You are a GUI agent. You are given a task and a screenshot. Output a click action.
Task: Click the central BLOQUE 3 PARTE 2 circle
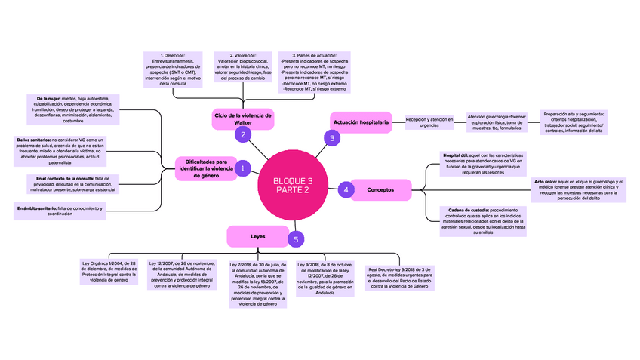click(292, 186)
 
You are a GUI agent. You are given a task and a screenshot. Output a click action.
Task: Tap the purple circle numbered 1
click(243, 170)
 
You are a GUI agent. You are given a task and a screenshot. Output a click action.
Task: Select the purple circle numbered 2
click(243, 135)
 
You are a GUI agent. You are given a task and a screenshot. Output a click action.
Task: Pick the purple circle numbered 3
click(331, 137)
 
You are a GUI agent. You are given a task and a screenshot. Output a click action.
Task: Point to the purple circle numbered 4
click(346, 189)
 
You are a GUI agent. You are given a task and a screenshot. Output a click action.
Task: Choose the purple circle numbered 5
click(297, 239)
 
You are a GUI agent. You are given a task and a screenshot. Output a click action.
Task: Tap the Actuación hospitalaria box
click(361, 122)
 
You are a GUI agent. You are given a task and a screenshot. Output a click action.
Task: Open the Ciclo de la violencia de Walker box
click(242, 118)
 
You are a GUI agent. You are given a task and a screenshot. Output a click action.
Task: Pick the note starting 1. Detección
click(174, 69)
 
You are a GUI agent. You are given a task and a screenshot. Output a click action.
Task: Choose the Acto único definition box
click(579, 189)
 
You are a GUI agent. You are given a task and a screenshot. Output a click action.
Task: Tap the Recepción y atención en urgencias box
click(429, 122)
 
